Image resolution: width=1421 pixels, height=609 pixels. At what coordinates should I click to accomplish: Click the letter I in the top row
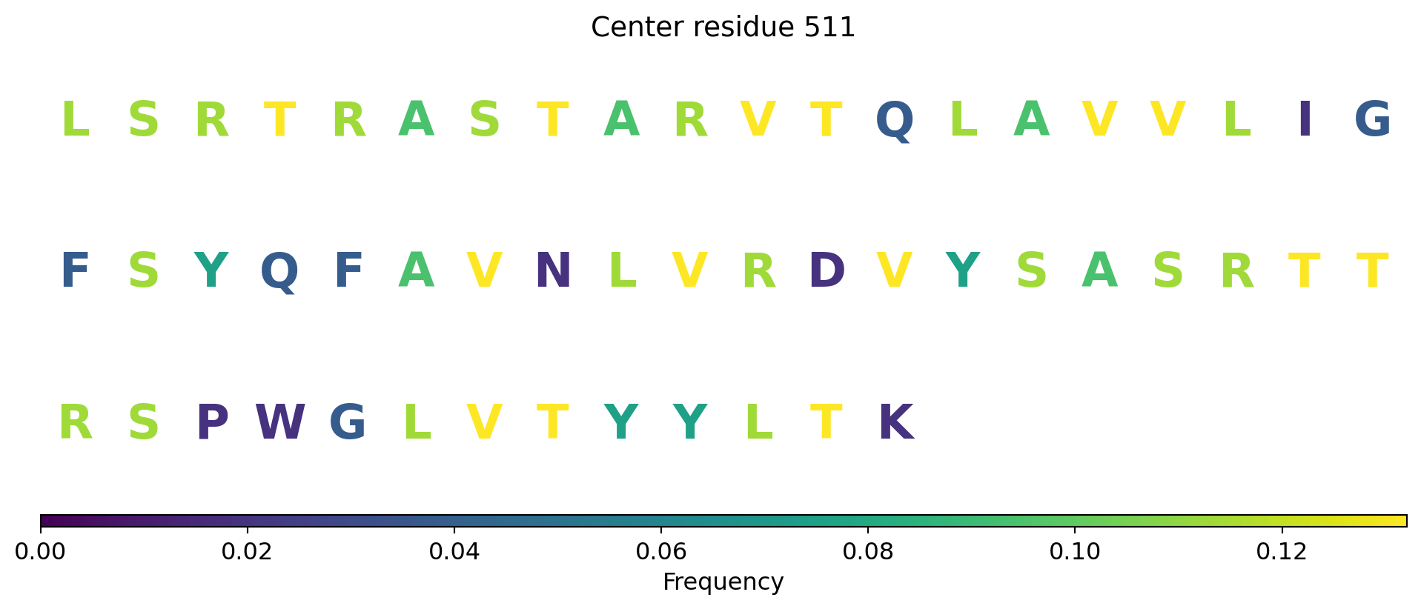pyautogui.click(x=1305, y=120)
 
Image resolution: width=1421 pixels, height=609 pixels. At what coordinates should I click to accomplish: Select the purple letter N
pyautogui.click(x=553, y=271)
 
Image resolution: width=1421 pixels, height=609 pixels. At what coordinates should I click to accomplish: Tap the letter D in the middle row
pyautogui.click(x=827, y=271)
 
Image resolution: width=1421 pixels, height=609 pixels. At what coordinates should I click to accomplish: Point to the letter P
pyautogui.click(x=212, y=423)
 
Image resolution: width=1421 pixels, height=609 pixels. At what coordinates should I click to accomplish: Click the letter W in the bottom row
pyautogui.click(x=280, y=423)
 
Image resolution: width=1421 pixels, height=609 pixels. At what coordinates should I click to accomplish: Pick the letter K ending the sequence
pyautogui.click(x=895, y=423)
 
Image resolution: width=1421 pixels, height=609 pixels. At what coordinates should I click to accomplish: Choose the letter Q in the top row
pyautogui.click(x=895, y=122)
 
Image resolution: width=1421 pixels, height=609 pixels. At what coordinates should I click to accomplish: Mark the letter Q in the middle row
pyautogui.click(x=279, y=273)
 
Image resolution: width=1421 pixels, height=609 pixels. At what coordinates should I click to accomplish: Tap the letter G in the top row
pyautogui.click(x=1373, y=120)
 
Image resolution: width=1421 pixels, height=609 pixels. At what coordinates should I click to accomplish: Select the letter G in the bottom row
pyautogui.click(x=348, y=423)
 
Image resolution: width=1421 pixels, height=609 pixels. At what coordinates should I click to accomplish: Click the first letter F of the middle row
pyautogui.click(x=75, y=271)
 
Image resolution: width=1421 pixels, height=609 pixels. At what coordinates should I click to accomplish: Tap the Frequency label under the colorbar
pyautogui.click(x=723, y=582)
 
